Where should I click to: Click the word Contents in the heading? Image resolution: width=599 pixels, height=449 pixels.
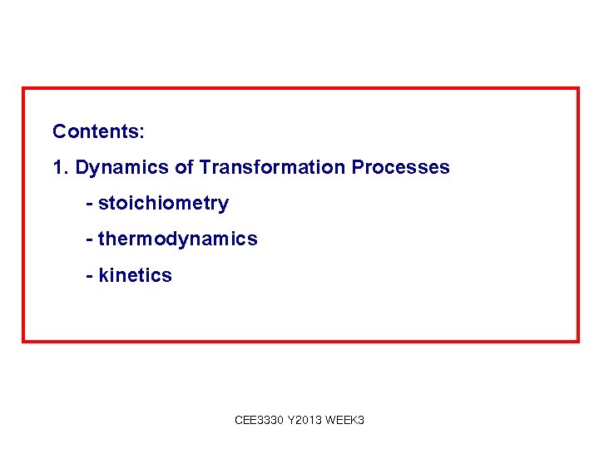[x=96, y=131]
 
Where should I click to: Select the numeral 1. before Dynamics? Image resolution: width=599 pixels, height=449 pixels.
[x=60, y=167]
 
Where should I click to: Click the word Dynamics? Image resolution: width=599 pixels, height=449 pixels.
[x=122, y=168]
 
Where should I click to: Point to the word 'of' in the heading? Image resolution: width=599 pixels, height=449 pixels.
[x=184, y=167]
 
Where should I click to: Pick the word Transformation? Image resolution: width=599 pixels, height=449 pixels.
[x=272, y=167]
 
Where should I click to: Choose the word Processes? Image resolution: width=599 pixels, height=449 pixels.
[x=400, y=167]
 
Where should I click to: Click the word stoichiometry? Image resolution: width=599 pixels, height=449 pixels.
[x=163, y=204]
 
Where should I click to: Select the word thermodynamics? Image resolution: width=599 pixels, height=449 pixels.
[x=178, y=239]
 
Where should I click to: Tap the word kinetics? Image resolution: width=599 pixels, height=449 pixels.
[x=135, y=275]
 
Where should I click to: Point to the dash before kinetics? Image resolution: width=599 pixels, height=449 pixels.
[x=89, y=276]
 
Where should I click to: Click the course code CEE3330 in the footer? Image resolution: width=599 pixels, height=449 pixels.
[x=259, y=421]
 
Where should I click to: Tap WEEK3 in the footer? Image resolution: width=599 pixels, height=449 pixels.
[x=346, y=421]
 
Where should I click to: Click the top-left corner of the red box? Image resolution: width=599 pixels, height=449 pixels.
[x=23, y=88]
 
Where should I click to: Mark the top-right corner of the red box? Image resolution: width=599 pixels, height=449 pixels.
[x=577, y=88]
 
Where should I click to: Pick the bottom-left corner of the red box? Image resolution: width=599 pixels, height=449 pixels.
[x=23, y=340]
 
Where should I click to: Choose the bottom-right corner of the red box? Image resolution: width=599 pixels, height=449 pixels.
[x=577, y=340]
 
